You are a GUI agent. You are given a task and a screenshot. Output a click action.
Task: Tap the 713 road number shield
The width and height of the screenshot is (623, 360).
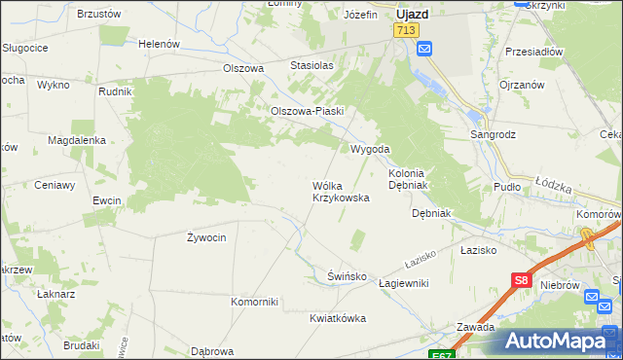(x=406, y=31)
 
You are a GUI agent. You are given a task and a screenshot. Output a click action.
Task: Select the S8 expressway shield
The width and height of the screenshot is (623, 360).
(x=521, y=281)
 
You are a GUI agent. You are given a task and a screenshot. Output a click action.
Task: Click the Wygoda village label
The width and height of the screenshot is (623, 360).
(x=370, y=149)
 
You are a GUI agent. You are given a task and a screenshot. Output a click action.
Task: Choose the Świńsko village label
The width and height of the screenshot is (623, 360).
(x=347, y=276)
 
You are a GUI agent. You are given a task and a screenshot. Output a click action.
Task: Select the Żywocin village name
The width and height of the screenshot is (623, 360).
(x=206, y=236)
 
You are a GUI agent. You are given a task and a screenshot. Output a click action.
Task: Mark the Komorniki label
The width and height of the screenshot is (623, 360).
(x=254, y=301)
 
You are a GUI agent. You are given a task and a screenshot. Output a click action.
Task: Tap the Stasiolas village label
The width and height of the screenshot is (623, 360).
(x=311, y=65)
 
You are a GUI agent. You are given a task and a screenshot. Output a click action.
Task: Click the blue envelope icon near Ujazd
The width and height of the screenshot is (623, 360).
(x=424, y=49)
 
